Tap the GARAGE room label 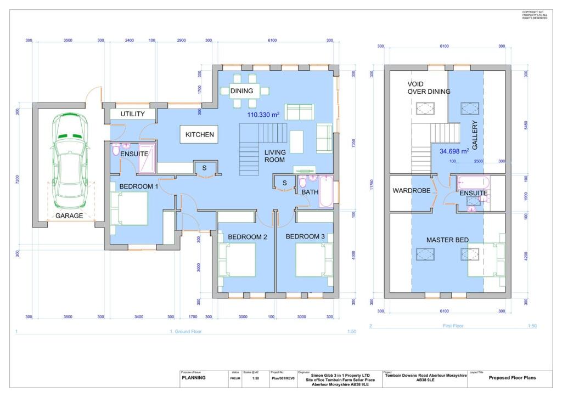(70, 216)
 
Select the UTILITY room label (133, 114)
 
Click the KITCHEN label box (199, 134)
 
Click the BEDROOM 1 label (139, 186)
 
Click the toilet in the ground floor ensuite (116, 150)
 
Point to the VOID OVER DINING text (428, 88)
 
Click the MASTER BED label (447, 240)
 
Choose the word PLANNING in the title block (194, 378)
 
